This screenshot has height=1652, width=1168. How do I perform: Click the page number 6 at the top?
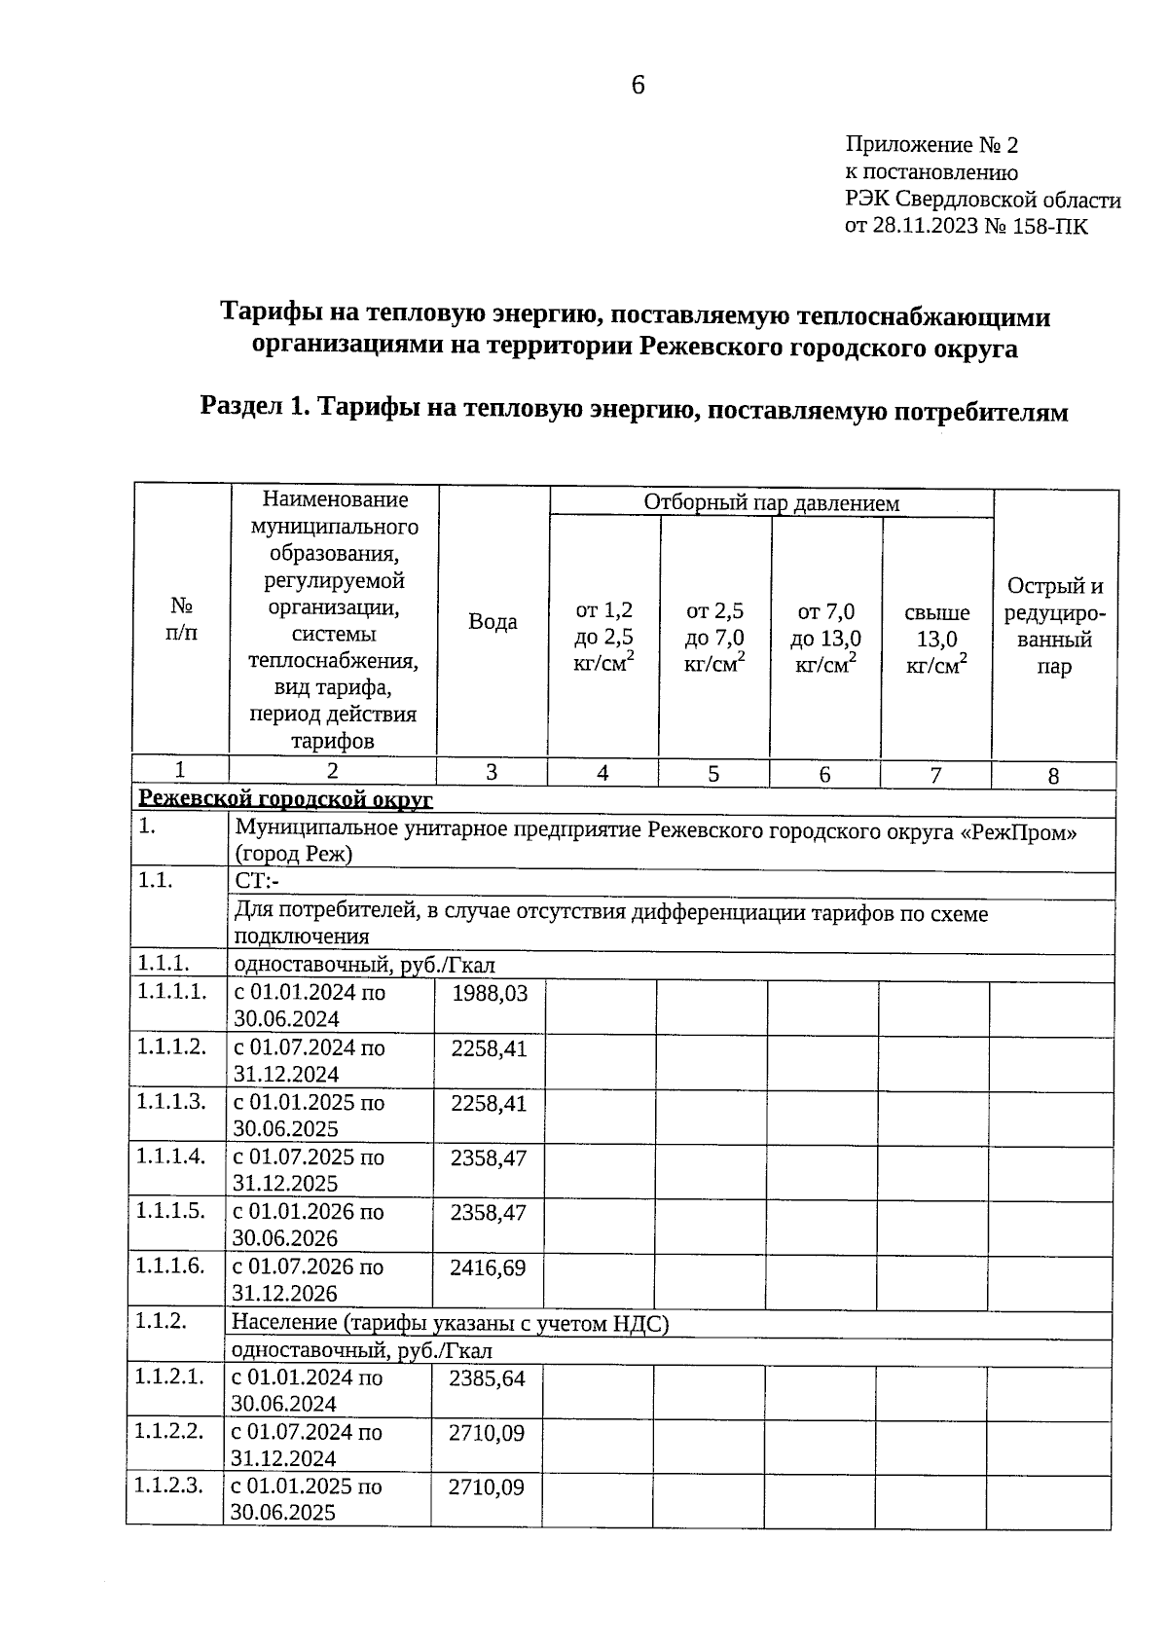[638, 86]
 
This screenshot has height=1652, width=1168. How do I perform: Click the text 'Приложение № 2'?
[931, 145]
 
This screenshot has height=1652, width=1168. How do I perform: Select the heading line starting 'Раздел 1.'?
[634, 410]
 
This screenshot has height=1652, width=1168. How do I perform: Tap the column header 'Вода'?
[493, 621]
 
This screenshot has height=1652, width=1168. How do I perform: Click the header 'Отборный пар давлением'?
[771, 502]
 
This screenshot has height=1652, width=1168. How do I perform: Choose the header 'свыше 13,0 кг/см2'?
[936, 639]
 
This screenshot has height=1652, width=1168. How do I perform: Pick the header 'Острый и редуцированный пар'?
[1054, 626]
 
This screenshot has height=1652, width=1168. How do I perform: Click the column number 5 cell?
[713, 774]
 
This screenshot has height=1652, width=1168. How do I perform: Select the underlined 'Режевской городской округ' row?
[285, 800]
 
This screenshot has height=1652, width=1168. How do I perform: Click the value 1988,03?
[489, 994]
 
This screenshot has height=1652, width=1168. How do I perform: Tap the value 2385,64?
[487, 1378]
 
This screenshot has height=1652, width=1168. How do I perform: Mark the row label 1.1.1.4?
[171, 1156]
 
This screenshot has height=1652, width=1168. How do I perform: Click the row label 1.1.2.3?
[170, 1487]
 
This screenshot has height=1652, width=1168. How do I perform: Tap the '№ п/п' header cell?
[181, 619]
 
